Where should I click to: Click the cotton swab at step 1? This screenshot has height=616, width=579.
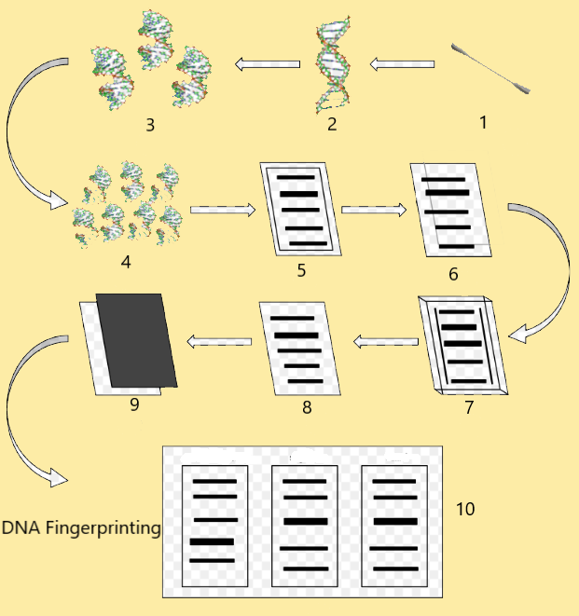492,68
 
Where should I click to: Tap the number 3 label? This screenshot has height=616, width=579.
150,125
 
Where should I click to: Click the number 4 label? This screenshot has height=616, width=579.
126,261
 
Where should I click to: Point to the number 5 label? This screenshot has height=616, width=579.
300,272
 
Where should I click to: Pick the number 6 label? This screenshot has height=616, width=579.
453,274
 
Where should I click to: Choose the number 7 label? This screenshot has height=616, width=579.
470,407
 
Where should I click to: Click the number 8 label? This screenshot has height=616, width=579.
307,407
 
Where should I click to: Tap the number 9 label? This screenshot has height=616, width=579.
134,404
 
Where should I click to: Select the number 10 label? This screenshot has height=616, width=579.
465,509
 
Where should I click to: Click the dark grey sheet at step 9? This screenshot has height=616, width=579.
137,339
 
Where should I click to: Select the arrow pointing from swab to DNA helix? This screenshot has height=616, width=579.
401,64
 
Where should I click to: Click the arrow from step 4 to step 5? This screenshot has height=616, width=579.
222,210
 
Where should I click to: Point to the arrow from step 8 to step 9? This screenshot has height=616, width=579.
220,342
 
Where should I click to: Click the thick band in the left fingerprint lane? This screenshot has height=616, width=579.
212,541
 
